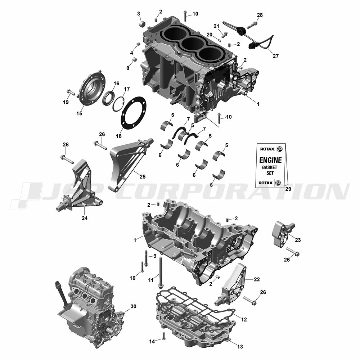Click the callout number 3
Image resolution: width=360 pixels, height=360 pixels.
pos(139,14)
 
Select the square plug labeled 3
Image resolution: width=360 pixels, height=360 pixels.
pos(143,23)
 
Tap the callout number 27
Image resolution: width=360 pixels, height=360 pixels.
pos(275,56)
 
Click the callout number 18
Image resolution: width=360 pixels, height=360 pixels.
pos(118,136)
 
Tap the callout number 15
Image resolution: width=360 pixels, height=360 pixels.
pos(79,113)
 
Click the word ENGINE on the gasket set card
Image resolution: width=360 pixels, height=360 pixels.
pos(270,160)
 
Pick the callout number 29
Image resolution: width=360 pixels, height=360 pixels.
pos(288,189)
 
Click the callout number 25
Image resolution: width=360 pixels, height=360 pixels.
pos(142,176)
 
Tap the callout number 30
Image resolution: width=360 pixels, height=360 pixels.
pos(134,306)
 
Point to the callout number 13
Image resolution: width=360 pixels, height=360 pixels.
pos(240,347)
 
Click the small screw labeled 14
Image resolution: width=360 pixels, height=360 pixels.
pos(163,336)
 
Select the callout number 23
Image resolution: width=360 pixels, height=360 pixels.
pos(298,240)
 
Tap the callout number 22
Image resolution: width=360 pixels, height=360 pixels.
pos(257,279)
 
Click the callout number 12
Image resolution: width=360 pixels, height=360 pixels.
pos(244,319)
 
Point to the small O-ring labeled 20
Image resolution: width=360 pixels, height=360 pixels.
pos(219,40)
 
